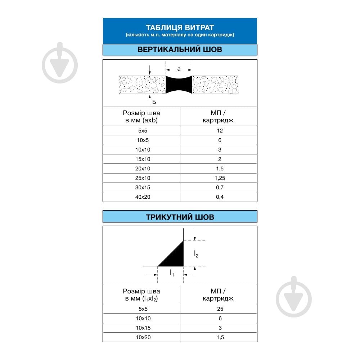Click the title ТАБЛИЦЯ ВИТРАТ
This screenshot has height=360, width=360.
point(180,28)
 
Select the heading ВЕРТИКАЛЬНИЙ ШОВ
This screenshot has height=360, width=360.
point(180,50)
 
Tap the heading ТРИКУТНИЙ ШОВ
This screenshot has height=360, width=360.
point(180,217)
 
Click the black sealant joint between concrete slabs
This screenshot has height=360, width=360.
point(179,85)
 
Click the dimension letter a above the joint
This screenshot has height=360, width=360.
point(179,68)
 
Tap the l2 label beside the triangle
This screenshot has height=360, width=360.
point(196,254)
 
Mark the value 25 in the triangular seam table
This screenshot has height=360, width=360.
point(220,309)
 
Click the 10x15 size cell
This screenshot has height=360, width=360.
point(143,328)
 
